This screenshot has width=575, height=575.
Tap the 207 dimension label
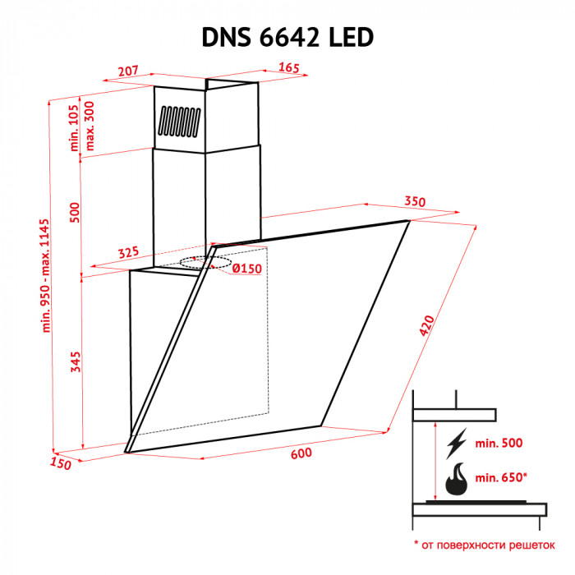click(x=127, y=71)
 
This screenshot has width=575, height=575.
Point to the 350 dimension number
click(x=414, y=202)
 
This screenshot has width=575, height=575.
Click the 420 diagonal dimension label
click(x=426, y=327)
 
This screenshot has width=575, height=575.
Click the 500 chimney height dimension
click(x=75, y=212)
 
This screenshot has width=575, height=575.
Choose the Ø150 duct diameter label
click(x=246, y=269)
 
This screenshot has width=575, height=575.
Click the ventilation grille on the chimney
click(x=178, y=122)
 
